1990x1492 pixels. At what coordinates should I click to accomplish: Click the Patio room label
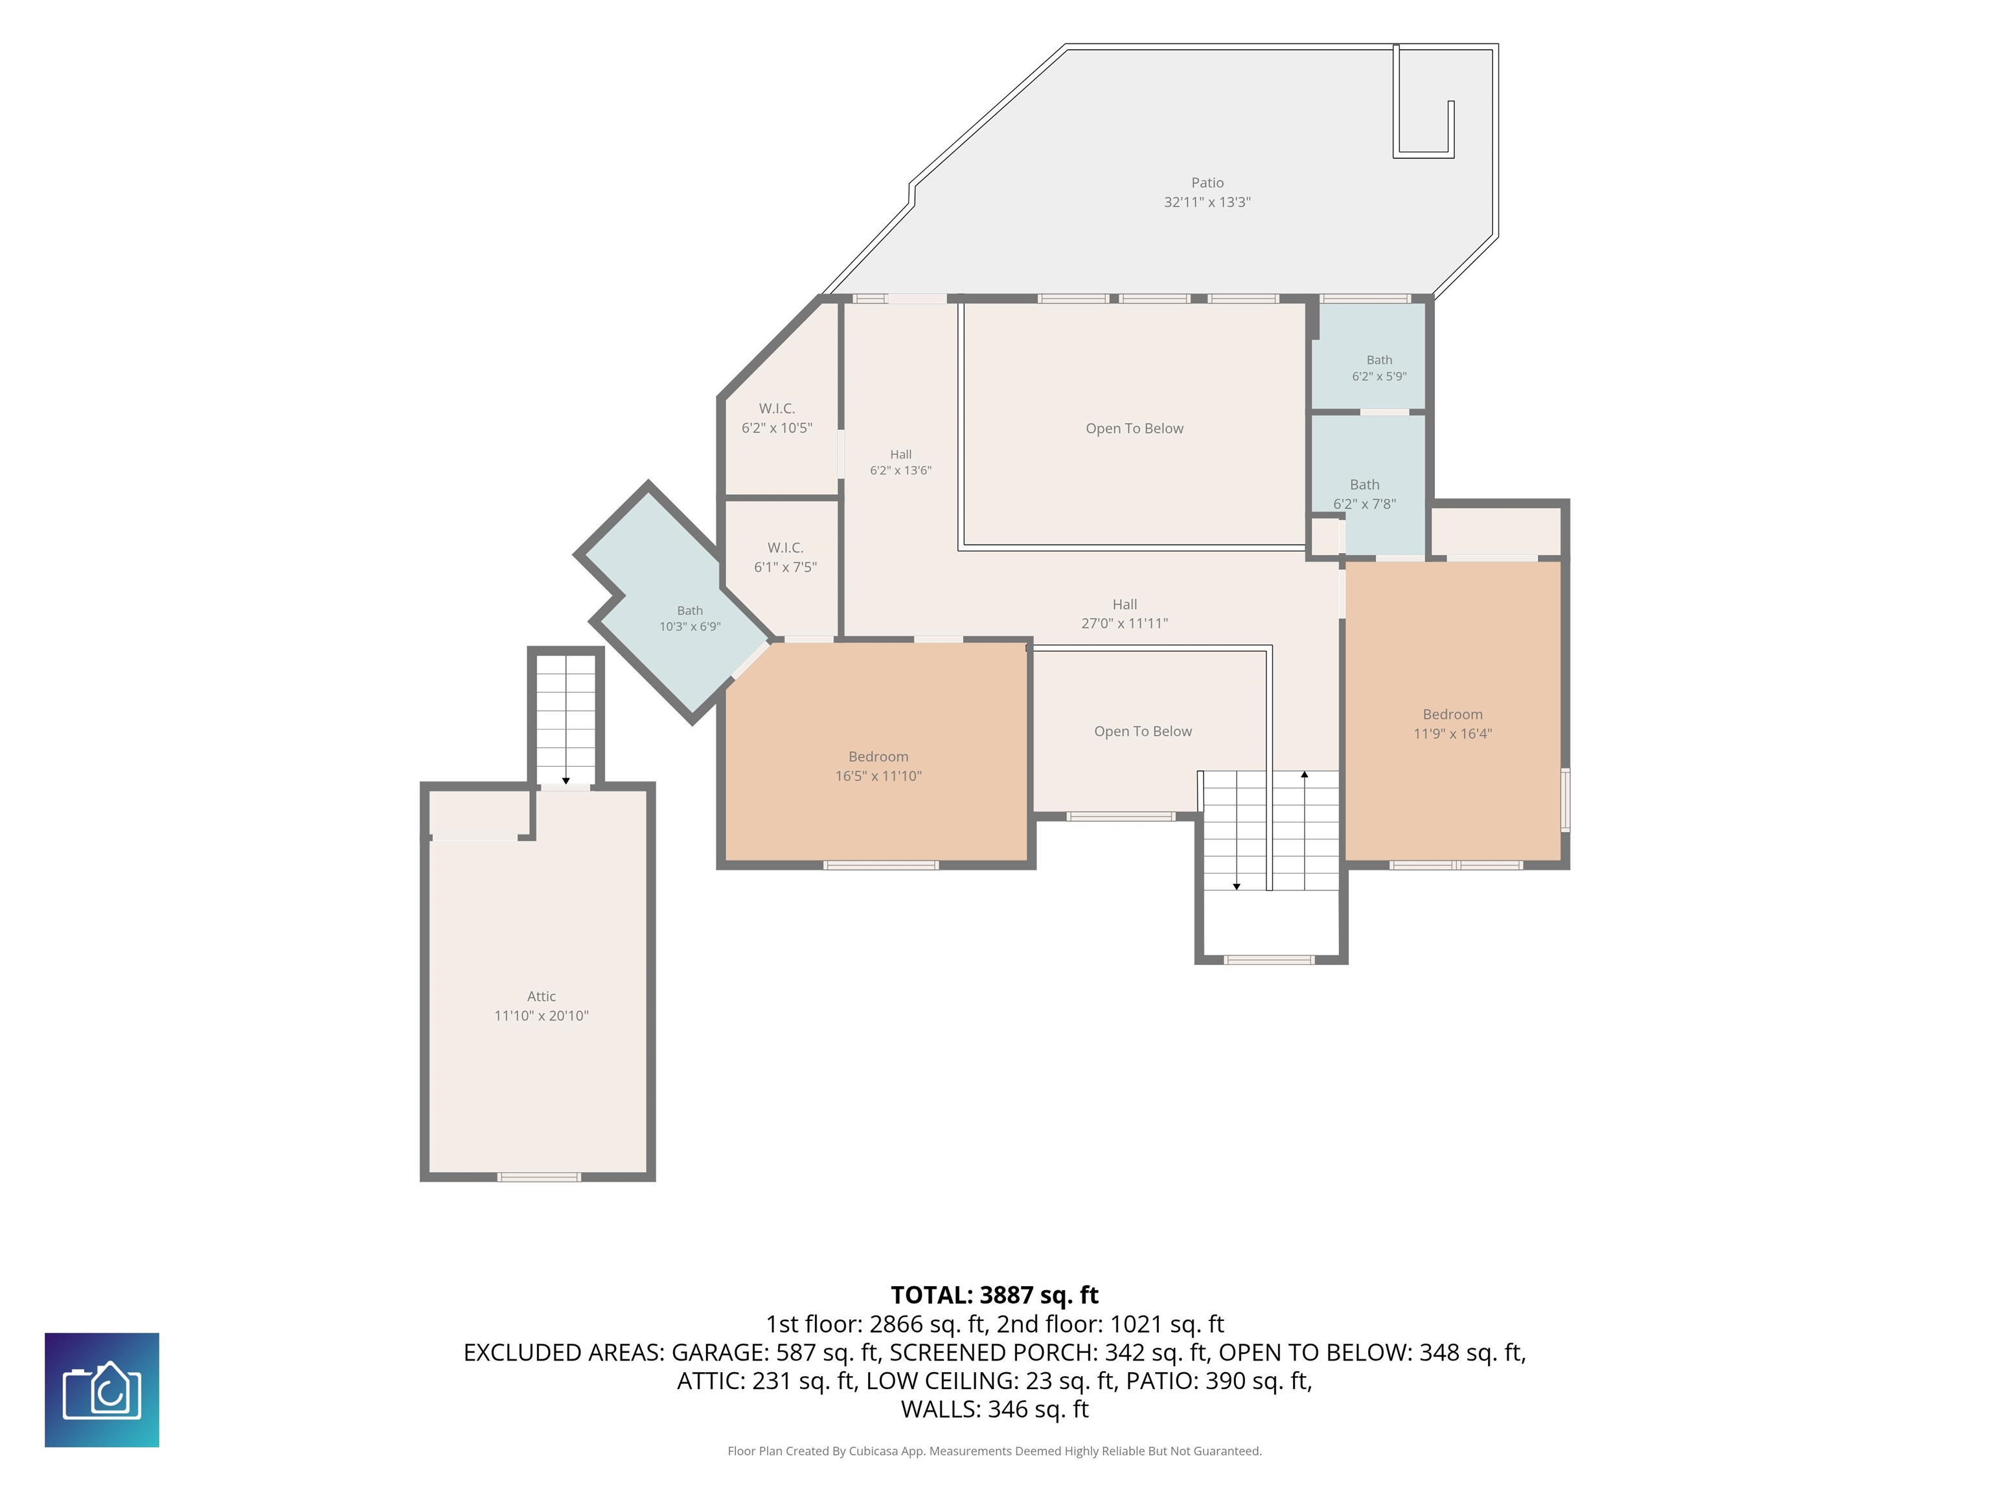point(1207,183)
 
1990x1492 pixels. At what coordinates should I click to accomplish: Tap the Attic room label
point(541,997)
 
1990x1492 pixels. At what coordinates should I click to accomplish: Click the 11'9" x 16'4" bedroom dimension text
point(1452,734)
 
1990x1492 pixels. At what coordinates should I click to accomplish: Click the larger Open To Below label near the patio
point(1134,429)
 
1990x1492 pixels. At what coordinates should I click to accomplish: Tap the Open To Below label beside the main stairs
point(1143,731)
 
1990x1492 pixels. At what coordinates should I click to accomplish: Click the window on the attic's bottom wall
point(539,1177)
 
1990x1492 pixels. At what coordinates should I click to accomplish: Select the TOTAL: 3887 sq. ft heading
point(994,1295)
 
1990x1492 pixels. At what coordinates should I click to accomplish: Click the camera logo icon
point(102,1390)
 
